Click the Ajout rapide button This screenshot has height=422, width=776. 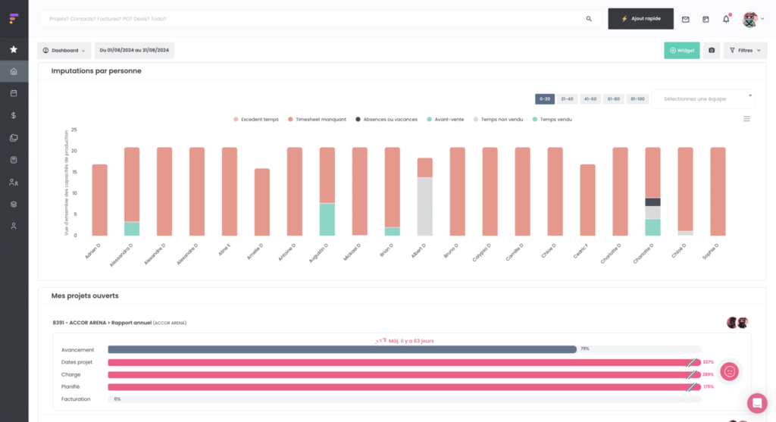coord(640,19)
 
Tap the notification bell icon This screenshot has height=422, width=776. coord(725,19)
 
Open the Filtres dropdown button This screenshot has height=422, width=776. coord(746,51)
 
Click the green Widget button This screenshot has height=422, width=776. coord(681,51)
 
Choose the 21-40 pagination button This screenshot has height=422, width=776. coord(568,99)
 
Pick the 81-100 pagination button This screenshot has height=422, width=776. coord(637,99)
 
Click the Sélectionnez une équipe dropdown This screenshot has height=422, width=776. coord(702,99)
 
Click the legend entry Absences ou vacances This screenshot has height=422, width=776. coord(388,119)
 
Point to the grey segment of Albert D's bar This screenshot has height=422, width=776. coord(424,206)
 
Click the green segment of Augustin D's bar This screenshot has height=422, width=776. coord(327,219)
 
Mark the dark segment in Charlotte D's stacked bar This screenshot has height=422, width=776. coord(652,202)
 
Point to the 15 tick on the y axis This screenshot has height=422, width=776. coord(74,171)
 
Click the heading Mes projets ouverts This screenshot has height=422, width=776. coord(85,295)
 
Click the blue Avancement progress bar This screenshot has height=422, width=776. coord(342,349)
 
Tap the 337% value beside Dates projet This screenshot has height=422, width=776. coord(708,362)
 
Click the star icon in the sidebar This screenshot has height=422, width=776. coord(14,49)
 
